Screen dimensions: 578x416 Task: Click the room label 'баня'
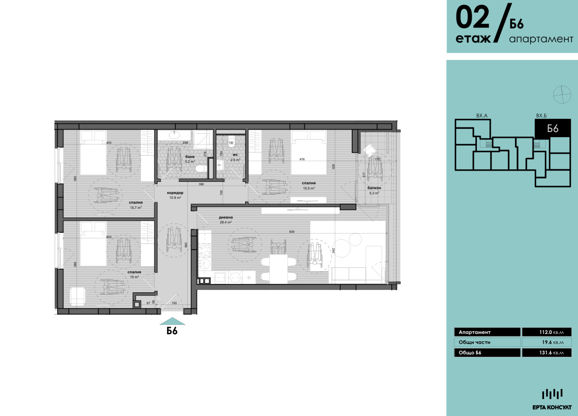[190, 157]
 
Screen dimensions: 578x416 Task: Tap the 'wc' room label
[235, 155]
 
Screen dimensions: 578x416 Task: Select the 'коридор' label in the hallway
[175, 193]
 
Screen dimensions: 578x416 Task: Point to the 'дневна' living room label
[226, 218]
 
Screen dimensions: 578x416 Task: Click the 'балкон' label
[374, 188]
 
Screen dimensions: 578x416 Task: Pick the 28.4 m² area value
[226, 222]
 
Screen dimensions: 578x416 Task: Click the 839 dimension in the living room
[292, 232]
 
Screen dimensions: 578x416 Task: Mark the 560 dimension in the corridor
[186, 245]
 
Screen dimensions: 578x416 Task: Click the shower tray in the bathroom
[203, 140]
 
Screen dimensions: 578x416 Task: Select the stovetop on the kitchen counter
[204, 250]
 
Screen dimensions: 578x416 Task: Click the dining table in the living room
[279, 269]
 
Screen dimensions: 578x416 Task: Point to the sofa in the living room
[356, 275]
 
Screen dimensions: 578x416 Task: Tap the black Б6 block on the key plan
[552, 128]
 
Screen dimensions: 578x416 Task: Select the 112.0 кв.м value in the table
[551, 332]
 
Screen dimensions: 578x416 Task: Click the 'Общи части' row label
[474, 342]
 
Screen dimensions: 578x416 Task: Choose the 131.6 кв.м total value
[551, 352]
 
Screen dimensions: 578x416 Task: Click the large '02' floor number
[472, 18]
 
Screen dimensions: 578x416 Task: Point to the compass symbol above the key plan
[562, 95]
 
